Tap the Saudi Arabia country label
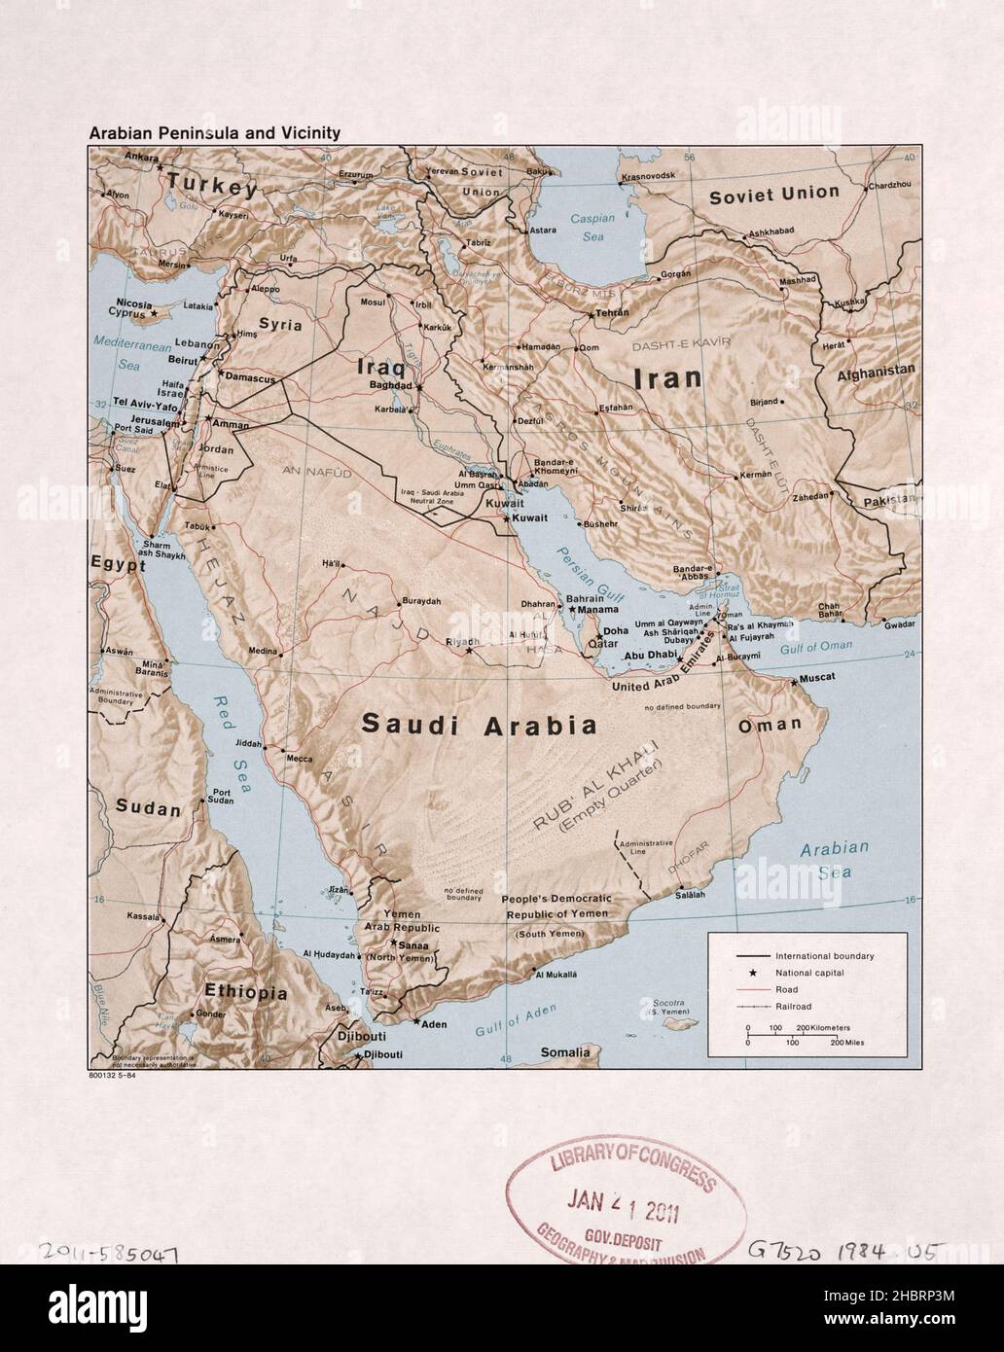[x=479, y=725]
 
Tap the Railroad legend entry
[x=793, y=1007]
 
